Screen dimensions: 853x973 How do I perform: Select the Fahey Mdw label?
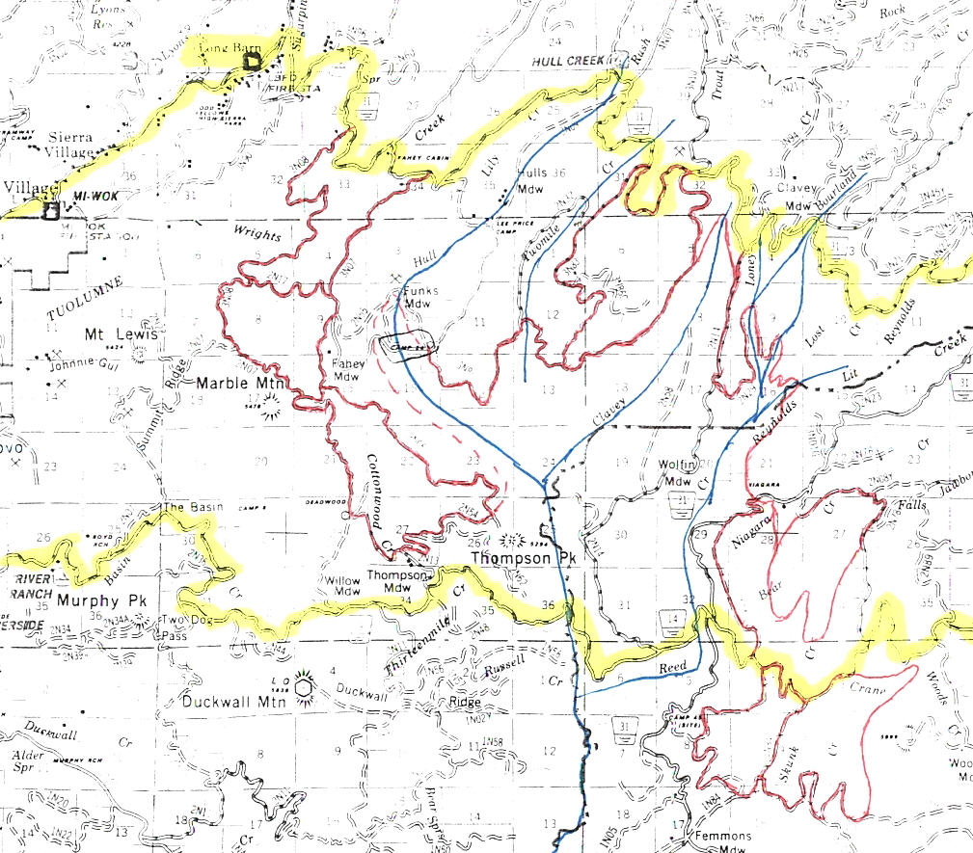click(346, 370)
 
